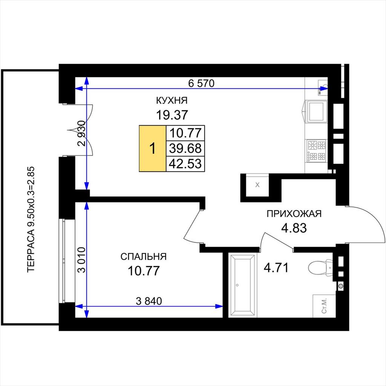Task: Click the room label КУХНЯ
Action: [x=172, y=100]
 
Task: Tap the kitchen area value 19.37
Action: [x=172, y=115]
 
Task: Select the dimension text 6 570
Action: [x=201, y=83]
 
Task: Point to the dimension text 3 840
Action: [x=149, y=301]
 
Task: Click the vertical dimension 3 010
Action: [x=82, y=260]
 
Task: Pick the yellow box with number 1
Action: [x=153, y=149]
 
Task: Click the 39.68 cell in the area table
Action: [x=185, y=149]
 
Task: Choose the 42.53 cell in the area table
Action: [x=185, y=164]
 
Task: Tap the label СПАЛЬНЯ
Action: [x=144, y=257]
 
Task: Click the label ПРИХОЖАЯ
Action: [x=294, y=214]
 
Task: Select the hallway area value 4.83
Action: [x=294, y=228]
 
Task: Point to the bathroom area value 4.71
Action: [x=276, y=268]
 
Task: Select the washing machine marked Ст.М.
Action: [x=324, y=306]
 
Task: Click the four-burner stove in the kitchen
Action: [x=316, y=150]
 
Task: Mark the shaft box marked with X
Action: [x=257, y=185]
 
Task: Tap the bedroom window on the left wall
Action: [x=63, y=261]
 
